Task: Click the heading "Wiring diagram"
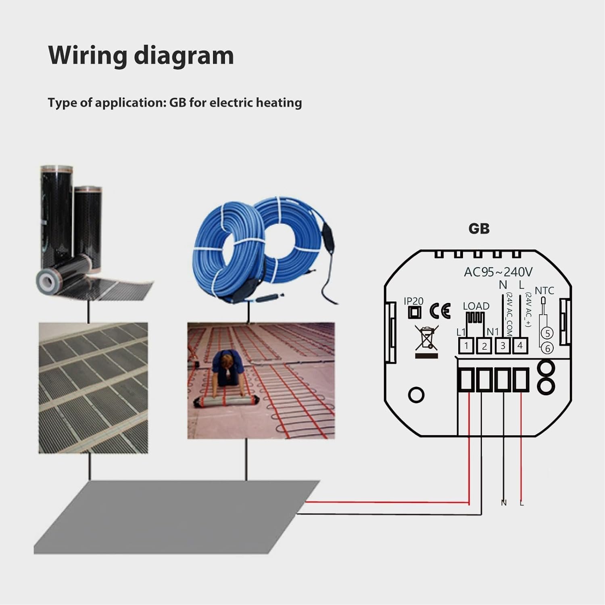141,55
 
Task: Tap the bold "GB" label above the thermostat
479,229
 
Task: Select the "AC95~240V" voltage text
498,272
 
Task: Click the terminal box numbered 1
466,346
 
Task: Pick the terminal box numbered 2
484,346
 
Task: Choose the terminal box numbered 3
503,346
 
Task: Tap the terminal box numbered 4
520,346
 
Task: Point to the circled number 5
547,333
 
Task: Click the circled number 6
547,348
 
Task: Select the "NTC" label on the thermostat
544,290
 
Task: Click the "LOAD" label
476,306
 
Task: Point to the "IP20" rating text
413,301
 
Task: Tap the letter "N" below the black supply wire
503,503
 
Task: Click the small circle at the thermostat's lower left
416,395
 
